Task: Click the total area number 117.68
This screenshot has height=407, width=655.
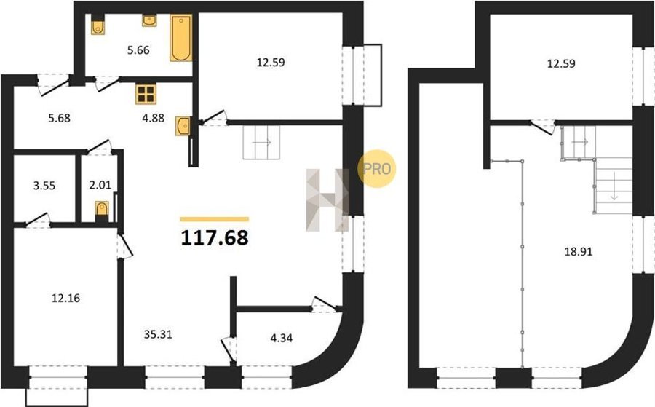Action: [215, 238]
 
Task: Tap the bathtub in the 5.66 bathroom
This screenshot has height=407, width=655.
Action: [181, 38]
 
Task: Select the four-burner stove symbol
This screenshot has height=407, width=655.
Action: [146, 94]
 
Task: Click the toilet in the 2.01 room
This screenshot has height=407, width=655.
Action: [102, 210]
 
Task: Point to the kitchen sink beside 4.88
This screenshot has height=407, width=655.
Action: [183, 126]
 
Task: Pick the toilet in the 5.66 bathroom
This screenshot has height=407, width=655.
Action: [98, 25]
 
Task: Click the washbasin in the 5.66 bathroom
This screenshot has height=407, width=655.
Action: [149, 20]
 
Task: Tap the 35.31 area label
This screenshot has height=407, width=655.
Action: [158, 334]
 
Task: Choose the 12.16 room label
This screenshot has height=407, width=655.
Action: [65, 299]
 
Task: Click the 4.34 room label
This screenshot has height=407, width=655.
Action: [282, 338]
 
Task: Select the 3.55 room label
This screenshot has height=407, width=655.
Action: [44, 186]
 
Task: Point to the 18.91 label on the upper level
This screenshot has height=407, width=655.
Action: [579, 252]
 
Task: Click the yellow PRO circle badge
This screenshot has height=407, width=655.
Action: [377, 168]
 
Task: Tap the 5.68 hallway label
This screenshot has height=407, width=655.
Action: [60, 118]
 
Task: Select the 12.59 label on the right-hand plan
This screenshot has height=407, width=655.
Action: [561, 63]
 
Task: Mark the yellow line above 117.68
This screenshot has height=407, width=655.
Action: [215, 219]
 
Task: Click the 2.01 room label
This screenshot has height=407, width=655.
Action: [100, 185]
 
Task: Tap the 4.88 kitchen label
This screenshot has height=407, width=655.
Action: [154, 118]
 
